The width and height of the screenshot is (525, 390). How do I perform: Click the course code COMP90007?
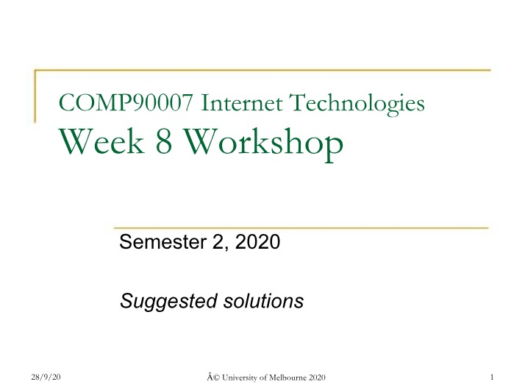[126, 102]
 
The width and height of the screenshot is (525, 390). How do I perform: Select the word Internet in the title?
[241, 102]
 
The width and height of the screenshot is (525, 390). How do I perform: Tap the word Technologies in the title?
[357, 104]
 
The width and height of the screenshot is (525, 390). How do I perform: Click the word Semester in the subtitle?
[162, 241]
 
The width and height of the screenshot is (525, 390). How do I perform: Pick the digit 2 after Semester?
[219, 242]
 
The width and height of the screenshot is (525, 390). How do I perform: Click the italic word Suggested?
[168, 302]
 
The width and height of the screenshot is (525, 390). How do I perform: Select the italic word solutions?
[263, 300]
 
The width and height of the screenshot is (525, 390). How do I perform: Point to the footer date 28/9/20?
[46, 377]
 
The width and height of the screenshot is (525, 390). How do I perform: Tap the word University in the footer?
[240, 378]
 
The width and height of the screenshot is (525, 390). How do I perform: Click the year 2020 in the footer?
[317, 377]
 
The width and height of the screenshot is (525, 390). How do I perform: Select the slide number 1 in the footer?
[492, 377]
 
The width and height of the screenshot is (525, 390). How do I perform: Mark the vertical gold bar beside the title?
[35, 96]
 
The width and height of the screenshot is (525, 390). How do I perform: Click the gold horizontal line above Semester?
[301, 228]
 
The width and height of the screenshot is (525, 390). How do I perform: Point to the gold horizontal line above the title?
[262, 71]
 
